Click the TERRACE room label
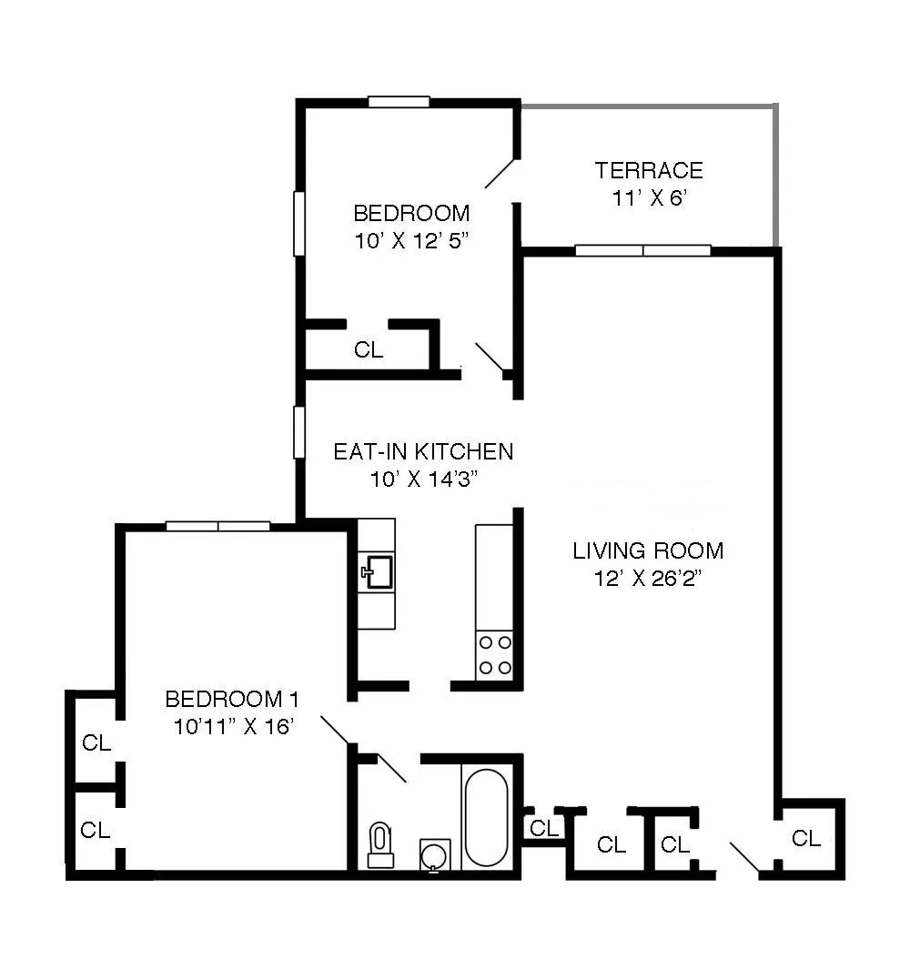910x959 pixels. (x=649, y=170)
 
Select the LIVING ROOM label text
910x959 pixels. (x=648, y=550)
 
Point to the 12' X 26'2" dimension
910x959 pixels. (x=648, y=579)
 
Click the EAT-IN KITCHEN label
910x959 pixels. (x=423, y=451)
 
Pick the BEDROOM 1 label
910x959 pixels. (x=232, y=699)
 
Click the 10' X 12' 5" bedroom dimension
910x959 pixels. (x=411, y=241)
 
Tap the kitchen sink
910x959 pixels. (x=377, y=572)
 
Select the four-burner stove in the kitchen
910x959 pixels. (x=494, y=655)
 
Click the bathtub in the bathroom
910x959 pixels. (x=486, y=818)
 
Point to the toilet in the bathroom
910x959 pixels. (x=379, y=844)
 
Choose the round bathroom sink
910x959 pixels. (x=434, y=855)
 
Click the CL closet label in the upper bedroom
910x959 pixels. (x=369, y=350)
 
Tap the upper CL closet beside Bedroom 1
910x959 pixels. (x=96, y=742)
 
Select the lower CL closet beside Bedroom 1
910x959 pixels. (x=96, y=830)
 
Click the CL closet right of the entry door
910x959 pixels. (x=806, y=838)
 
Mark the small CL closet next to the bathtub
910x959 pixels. (x=544, y=828)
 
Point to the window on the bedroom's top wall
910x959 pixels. (x=399, y=102)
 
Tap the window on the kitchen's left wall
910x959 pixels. (x=298, y=432)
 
